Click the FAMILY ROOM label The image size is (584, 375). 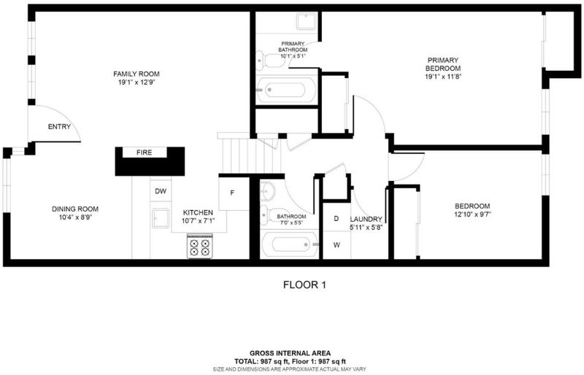[137, 74]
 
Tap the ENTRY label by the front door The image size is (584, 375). [59, 127]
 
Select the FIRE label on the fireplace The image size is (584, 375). [144, 152]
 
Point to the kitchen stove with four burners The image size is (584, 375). [199, 246]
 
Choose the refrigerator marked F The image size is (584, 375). [234, 193]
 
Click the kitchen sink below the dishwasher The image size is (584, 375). [161, 218]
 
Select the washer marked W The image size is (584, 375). [337, 245]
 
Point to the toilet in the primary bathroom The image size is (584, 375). [270, 61]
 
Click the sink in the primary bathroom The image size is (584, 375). [307, 21]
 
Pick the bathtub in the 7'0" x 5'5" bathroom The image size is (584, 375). [290, 244]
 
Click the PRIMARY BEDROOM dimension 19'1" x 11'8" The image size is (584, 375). [443, 77]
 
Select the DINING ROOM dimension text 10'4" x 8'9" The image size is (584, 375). [75, 217]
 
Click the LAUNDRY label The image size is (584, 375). [366, 220]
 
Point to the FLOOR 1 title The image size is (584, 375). [304, 285]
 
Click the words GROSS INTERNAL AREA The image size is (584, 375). [290, 353]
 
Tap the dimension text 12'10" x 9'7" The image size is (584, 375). [472, 214]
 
